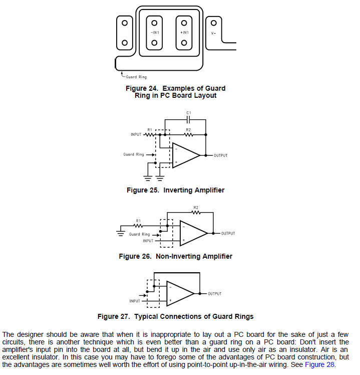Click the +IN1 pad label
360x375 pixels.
click(184, 33)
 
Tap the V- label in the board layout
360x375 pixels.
click(213, 33)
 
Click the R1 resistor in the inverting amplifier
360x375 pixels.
click(149, 134)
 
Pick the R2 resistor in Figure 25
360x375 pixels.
click(188, 134)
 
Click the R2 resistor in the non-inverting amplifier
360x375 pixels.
click(196, 212)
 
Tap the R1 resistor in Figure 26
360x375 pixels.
click(138, 225)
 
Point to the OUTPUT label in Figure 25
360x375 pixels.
click(220, 155)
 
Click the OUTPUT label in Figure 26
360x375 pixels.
click(228, 234)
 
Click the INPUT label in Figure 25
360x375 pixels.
click(137, 134)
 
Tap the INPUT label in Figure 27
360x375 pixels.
click(135, 301)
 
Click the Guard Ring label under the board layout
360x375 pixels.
click(136, 77)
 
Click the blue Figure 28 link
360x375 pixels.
click(319, 364)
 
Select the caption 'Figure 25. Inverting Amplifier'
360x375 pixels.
click(175, 190)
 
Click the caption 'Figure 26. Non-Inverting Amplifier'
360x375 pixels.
click(175, 256)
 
